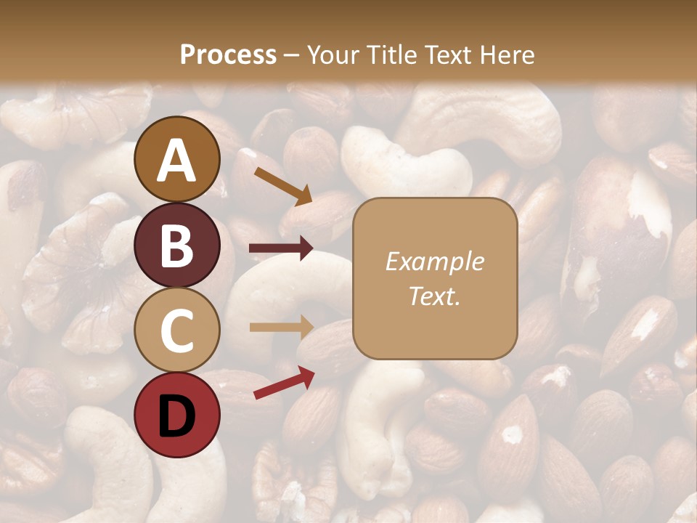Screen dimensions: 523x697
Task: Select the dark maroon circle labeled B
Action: pos(177,245)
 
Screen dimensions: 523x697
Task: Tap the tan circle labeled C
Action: pos(177,330)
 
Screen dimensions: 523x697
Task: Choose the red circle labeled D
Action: pos(177,415)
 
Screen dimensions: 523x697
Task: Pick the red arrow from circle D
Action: pos(283,383)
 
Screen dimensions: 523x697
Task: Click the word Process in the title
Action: pos(228,55)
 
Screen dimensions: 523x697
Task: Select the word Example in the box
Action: pos(434,261)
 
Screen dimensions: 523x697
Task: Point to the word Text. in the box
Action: pos(434,296)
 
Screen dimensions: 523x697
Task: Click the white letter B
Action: pos(177,246)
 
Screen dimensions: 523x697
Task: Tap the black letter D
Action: pos(177,415)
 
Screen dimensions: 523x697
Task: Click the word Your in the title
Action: pos(335,55)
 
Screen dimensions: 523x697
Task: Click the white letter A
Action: pos(177,160)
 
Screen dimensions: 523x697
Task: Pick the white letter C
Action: pos(177,331)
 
